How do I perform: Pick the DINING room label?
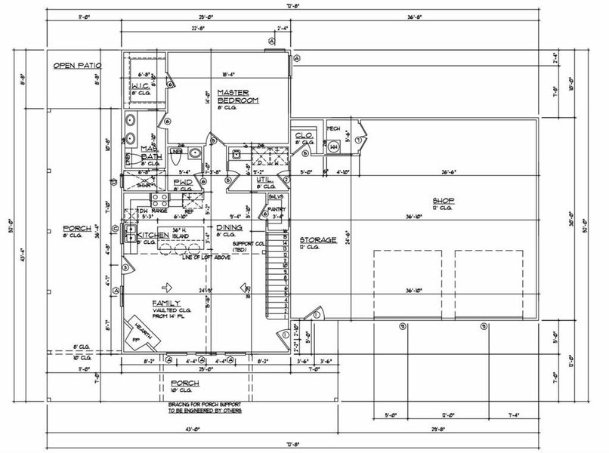pyautogui.click(x=228, y=227)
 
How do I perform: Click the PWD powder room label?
pyautogui.click(x=182, y=182)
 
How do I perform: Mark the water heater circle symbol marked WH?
pyautogui.click(x=334, y=147)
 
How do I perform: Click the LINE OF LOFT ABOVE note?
pyautogui.click(x=209, y=259)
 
